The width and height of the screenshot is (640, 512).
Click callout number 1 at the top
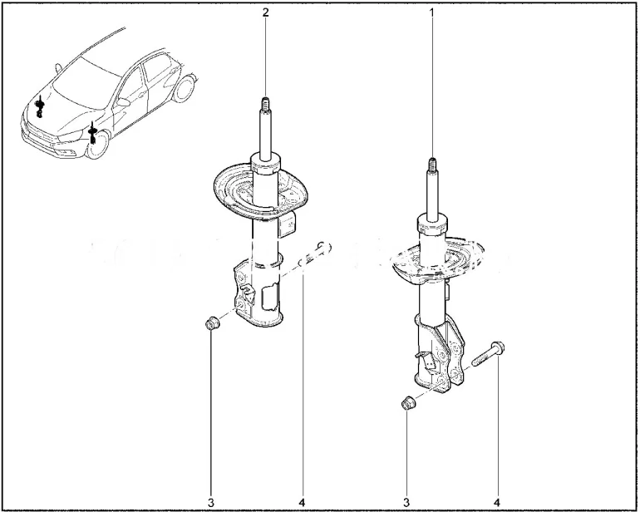pos(431,12)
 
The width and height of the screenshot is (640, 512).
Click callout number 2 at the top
pos(266,12)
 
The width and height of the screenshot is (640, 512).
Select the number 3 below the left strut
pos(210,503)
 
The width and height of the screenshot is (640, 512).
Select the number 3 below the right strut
pos(406,503)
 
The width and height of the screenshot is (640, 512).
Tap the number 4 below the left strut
pos(302,503)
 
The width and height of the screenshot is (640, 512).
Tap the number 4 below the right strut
pos(497,503)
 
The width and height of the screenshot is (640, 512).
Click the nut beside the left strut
pos(212,323)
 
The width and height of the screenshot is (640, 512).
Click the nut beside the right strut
pos(407,403)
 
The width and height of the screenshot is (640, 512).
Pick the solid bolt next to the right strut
pos(488,353)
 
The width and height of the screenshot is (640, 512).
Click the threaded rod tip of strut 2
pos(266,104)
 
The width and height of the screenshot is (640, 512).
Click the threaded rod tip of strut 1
pos(432,165)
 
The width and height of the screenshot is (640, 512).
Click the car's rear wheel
pos(183,89)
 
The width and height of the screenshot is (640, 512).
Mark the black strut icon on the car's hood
pos(40,106)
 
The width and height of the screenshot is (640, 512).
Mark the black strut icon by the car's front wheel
pos(93,133)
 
